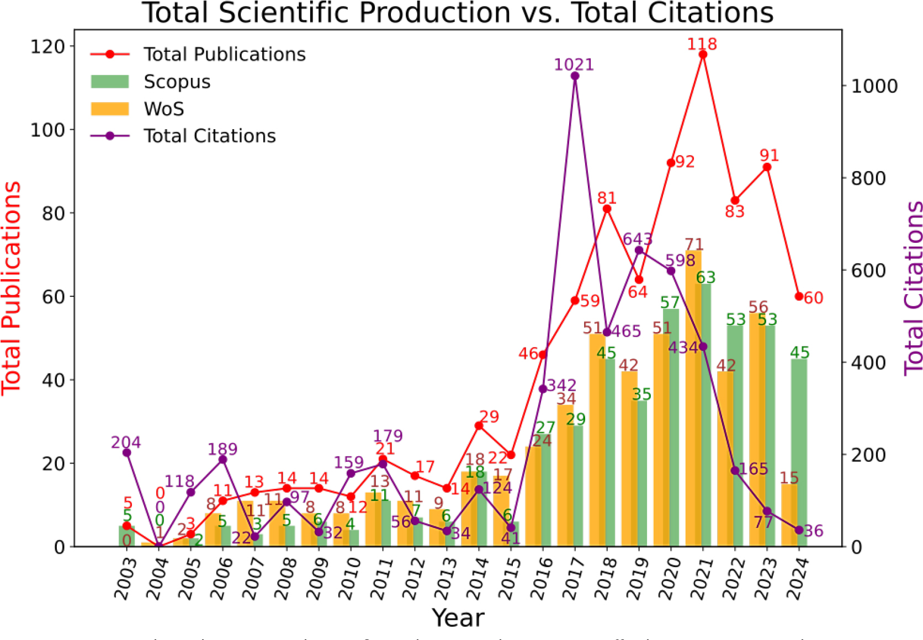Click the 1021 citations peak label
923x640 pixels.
pos(574,65)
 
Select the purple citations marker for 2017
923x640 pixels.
pos(575,76)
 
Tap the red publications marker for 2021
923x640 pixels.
pos(703,54)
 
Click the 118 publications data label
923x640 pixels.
pos(702,44)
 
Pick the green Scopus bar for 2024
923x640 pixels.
pos(799,452)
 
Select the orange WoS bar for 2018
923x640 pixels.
pos(598,441)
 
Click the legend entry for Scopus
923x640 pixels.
pos(177,82)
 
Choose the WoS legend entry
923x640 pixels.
pos(163,109)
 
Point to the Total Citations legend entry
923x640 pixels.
pos(209,136)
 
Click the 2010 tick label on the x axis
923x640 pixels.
pos(349,578)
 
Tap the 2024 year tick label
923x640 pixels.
pos(798,578)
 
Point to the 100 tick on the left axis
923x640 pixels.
pos(48,130)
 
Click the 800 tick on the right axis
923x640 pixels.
pos(868,178)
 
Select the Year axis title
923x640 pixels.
pos(458,618)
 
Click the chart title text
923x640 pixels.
pos(458,13)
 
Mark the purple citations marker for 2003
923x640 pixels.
pos(126,453)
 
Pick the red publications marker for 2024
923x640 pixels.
pos(799,296)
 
